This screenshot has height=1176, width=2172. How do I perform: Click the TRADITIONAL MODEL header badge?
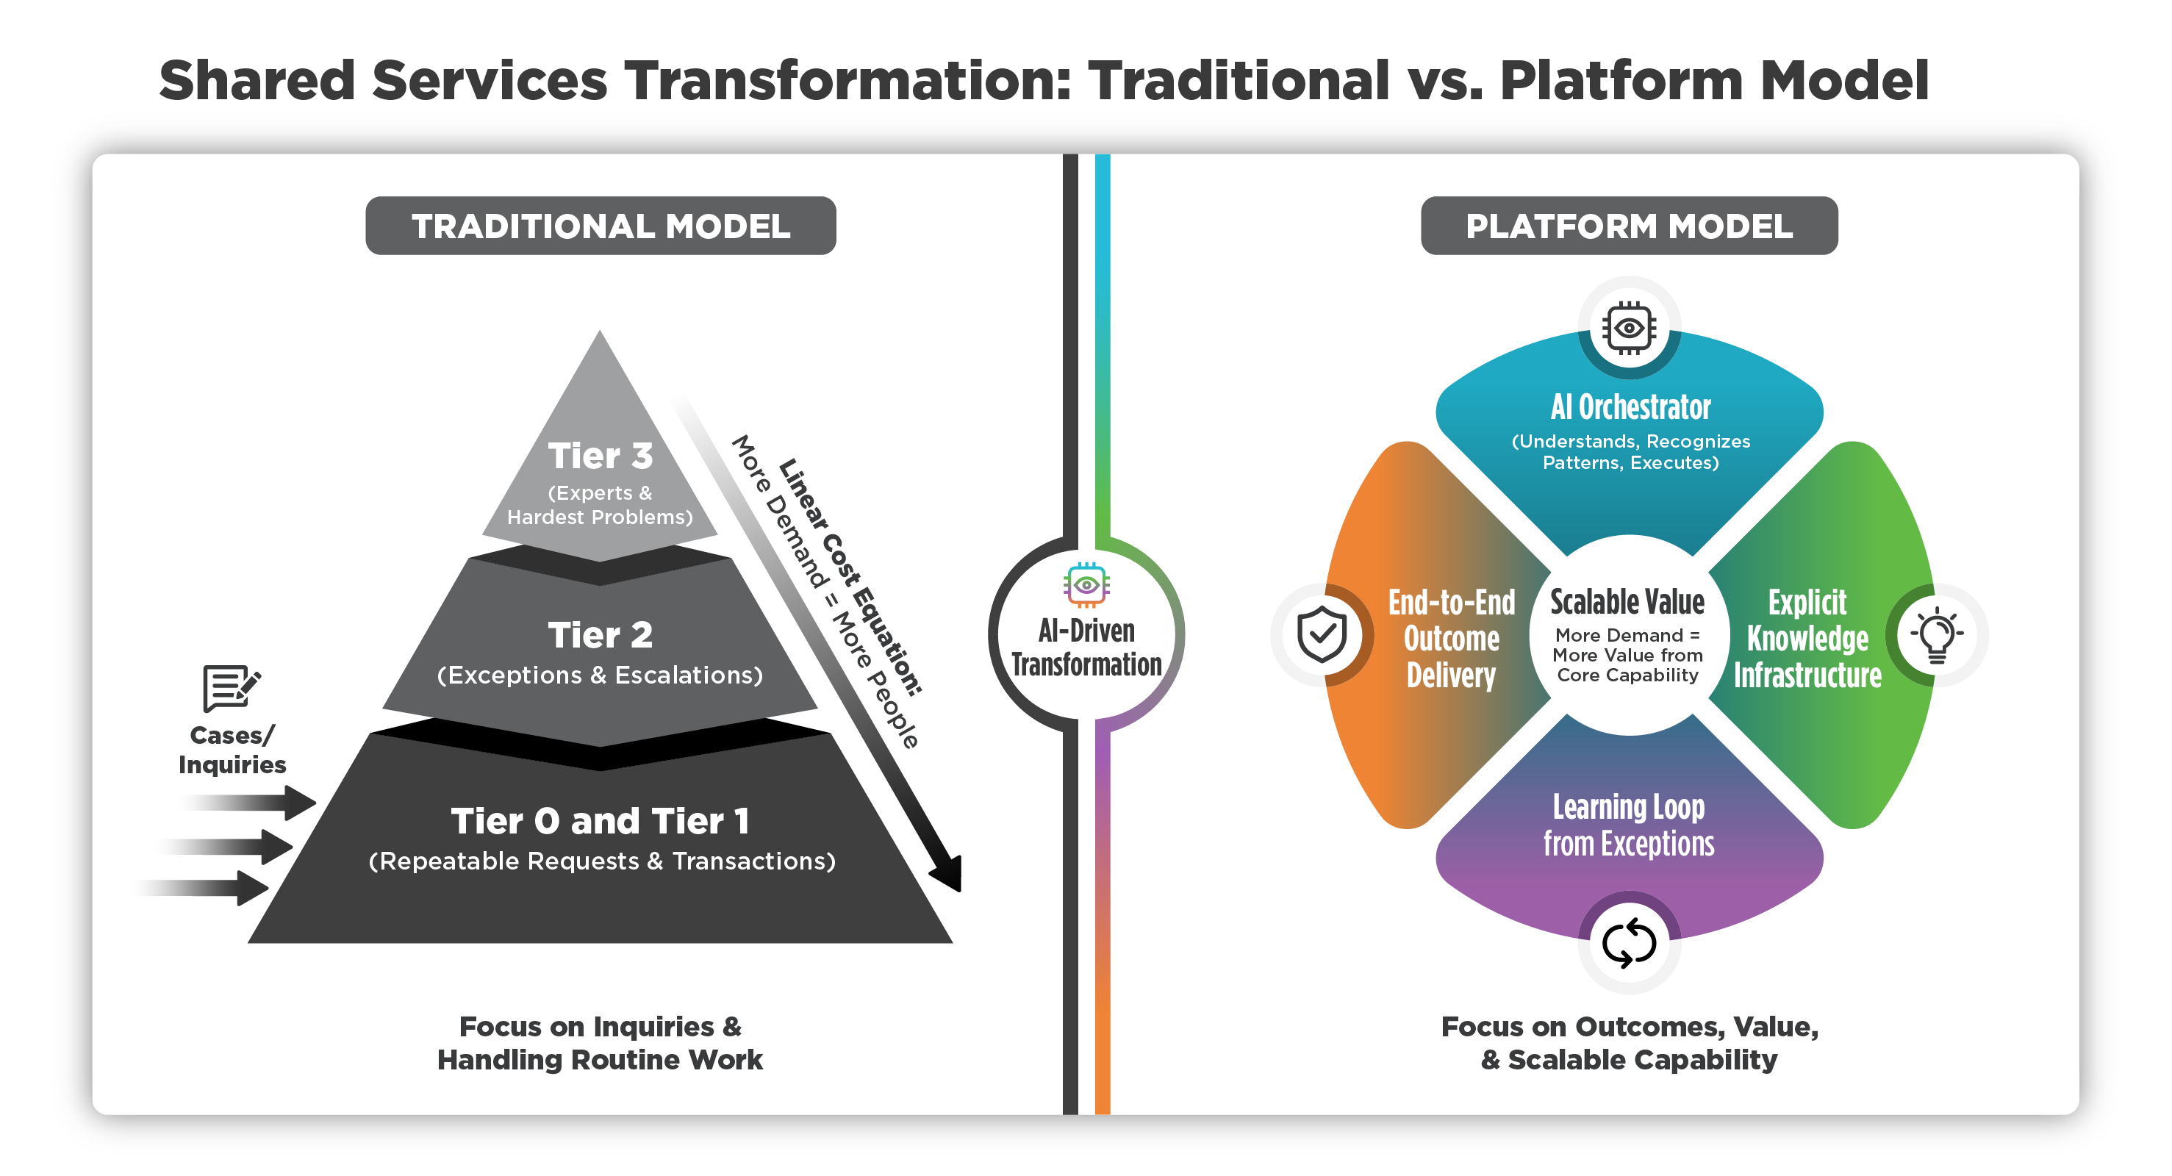[x=601, y=226]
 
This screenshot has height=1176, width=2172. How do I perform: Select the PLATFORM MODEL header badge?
[x=1628, y=226]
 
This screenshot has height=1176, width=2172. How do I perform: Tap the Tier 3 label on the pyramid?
[x=600, y=456]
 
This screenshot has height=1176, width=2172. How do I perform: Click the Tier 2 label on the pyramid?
[x=600, y=635]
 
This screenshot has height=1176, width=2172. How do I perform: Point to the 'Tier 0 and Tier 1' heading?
[x=600, y=821]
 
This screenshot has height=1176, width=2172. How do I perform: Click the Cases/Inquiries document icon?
[x=230, y=688]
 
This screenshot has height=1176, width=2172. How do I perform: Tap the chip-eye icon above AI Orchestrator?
[x=1628, y=327]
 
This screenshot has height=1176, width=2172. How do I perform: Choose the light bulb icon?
[x=1936, y=634]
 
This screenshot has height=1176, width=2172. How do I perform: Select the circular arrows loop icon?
[x=1628, y=942]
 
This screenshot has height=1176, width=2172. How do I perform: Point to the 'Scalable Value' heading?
[x=1627, y=602]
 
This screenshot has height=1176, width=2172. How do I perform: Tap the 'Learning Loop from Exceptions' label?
[x=1628, y=825]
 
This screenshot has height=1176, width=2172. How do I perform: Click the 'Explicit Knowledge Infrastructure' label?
[x=1807, y=638]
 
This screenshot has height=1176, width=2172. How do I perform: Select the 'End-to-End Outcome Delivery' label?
[x=1451, y=638]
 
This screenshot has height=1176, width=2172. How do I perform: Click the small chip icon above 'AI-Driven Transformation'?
[x=1086, y=584]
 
